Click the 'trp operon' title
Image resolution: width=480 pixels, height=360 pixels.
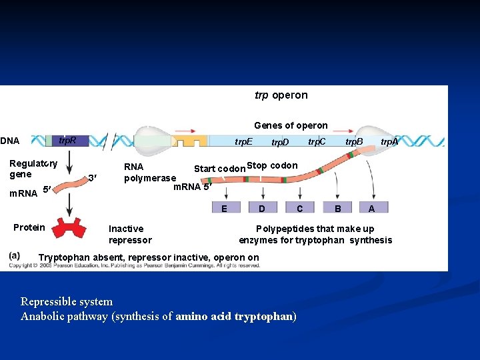(281, 95)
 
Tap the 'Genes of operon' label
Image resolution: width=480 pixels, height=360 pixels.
(291, 125)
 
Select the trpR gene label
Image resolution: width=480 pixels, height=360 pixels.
(67, 141)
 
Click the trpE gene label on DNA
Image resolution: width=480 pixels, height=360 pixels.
(243, 142)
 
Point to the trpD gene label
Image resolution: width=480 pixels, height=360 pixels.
(280, 143)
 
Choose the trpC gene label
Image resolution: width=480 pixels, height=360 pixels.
(317, 142)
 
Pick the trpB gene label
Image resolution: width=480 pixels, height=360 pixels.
(353, 142)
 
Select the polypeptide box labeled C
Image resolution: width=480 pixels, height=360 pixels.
(300, 209)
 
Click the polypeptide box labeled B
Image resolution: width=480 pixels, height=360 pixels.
(338, 209)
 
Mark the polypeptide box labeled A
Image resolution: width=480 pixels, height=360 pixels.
(371, 209)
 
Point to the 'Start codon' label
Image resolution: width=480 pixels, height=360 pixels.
(219, 169)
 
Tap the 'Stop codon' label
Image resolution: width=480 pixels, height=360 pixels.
(272, 166)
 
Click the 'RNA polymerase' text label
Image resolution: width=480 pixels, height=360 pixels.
(150, 173)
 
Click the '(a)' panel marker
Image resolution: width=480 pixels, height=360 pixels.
(15, 255)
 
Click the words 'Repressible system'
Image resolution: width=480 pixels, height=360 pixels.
(67, 301)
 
